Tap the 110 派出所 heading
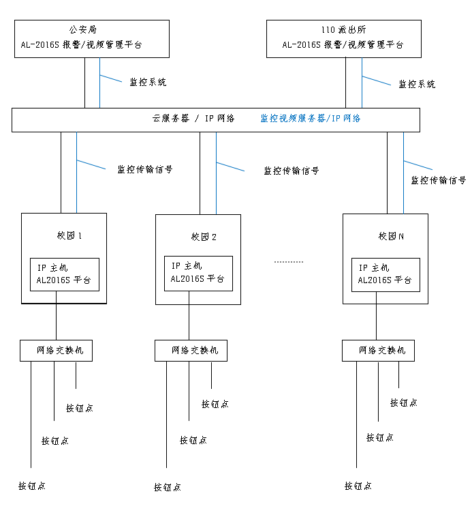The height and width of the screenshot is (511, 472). pos(343,30)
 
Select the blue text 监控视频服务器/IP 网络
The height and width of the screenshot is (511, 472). pos(310,118)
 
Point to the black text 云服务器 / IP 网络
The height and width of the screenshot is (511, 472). pos(193,118)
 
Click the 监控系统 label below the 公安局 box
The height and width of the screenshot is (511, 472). pos(148,82)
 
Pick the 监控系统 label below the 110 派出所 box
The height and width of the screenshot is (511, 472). pos(417,84)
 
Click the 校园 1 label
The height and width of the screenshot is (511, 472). pos(69,236)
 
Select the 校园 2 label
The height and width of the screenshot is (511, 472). pos(204,237)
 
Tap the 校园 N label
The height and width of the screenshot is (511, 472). pos(391,236)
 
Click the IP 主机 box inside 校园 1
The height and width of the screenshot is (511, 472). pos(64,274)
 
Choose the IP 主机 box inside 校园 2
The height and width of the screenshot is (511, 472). pos(198,273)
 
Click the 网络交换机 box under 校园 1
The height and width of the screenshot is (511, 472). pos(56,350)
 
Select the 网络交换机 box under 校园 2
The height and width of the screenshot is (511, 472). pos(191,350)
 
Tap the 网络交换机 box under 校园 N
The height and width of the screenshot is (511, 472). pos(378,350)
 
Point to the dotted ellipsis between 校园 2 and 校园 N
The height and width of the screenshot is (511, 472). pos(288,261)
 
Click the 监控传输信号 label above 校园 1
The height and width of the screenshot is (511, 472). pos(144,169)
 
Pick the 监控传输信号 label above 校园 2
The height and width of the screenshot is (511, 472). pos(291,171)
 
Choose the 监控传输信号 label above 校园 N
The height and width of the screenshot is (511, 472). pos(438,180)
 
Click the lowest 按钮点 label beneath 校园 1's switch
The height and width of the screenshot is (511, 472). pos(32,486)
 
